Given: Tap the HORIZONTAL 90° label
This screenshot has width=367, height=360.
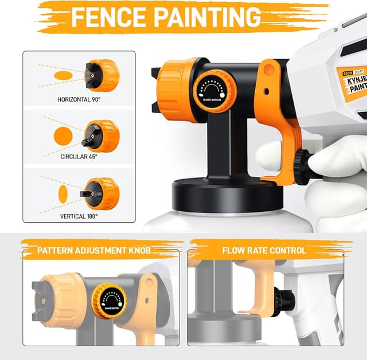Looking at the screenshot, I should [x=79, y=99].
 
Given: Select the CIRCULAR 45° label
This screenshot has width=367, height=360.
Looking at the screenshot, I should [x=79, y=156].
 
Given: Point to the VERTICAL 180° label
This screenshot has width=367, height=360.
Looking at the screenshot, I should [x=79, y=216].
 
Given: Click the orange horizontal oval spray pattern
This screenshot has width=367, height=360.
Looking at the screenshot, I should [x=63, y=75].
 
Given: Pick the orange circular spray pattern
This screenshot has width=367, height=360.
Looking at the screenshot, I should [x=64, y=136].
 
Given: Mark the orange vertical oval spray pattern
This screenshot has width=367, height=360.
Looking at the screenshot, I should [x=63, y=191].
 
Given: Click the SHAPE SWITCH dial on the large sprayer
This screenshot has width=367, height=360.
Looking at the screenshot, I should [x=214, y=89].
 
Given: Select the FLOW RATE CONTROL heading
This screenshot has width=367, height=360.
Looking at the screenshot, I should [x=264, y=250].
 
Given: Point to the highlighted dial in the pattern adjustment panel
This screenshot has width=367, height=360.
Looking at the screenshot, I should [x=108, y=301].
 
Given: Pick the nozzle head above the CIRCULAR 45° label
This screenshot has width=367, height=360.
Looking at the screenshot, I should [x=101, y=136].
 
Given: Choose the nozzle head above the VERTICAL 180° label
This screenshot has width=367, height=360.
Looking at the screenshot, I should [x=101, y=193].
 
